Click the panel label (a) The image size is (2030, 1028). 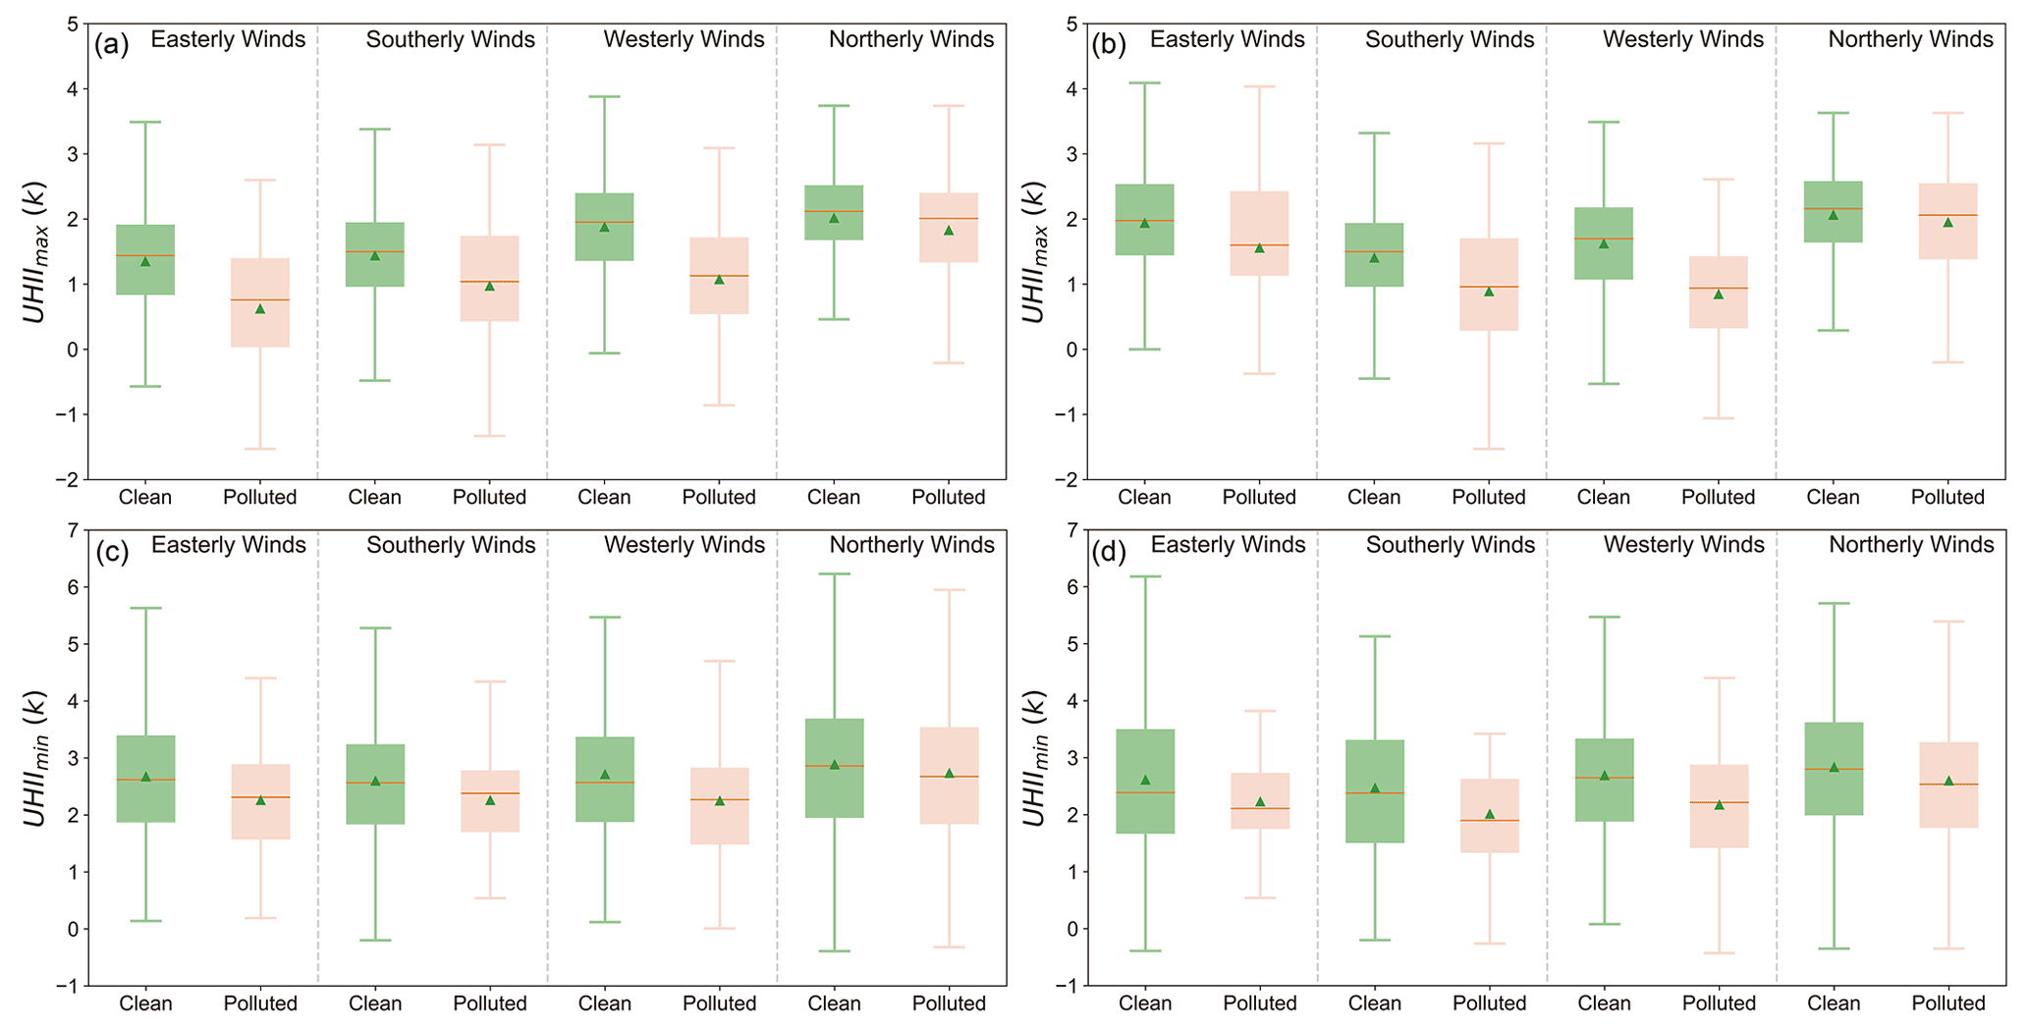tap(112, 44)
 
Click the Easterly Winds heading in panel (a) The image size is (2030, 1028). tap(228, 39)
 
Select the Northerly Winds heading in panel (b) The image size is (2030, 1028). tap(1910, 39)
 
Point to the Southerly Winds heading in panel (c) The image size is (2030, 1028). tap(451, 545)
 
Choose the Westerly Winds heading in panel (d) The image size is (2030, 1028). tap(1683, 545)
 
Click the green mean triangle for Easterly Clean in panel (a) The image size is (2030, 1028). tap(145, 261)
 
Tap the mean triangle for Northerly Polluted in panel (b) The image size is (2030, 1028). tap(1948, 222)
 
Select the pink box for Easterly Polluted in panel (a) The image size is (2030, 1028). tap(260, 302)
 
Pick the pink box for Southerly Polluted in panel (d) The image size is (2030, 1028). tap(1489, 816)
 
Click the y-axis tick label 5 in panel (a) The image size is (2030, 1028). tap(73, 24)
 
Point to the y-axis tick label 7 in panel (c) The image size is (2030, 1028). tap(73, 530)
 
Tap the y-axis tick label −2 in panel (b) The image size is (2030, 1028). tap(1065, 479)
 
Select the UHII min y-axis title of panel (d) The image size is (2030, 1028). tap(1035, 757)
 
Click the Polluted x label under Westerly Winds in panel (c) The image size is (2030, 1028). tap(719, 1003)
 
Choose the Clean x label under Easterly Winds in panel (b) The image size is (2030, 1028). tap(1144, 498)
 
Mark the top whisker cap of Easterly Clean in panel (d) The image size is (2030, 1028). tap(1145, 576)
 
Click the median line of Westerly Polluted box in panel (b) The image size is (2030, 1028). tap(1718, 288)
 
